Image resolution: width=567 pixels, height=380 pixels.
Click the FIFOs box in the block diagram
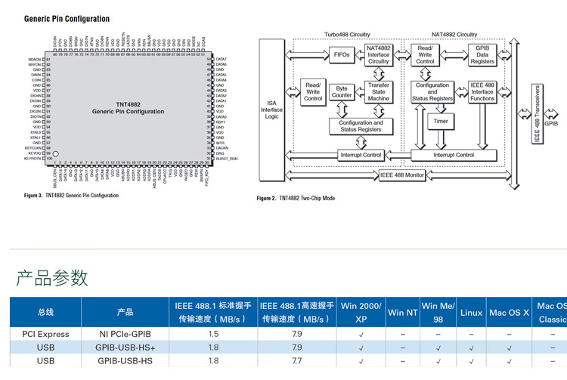coord(341,55)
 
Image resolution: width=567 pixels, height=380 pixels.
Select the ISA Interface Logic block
coord(273,109)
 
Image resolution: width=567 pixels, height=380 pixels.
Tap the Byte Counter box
coord(342,91)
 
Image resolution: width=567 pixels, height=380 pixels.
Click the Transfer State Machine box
coord(378,91)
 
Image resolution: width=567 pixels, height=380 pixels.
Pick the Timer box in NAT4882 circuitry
coord(440,121)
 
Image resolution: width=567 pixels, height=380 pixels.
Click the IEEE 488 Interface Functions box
coord(482,91)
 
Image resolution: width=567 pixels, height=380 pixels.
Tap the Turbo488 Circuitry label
coord(347,34)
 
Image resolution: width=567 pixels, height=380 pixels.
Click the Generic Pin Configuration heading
coord(67,19)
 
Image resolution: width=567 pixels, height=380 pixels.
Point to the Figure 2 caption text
coord(296,198)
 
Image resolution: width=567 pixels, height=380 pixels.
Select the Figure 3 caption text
coord(72,195)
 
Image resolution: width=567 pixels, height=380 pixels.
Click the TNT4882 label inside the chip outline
coord(128,103)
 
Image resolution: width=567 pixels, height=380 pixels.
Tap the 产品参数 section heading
coord(52,277)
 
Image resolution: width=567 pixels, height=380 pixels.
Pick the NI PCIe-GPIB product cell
coord(125,334)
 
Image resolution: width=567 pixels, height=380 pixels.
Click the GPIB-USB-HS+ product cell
coord(125,348)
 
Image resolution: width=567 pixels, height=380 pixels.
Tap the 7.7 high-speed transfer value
coord(296,361)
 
